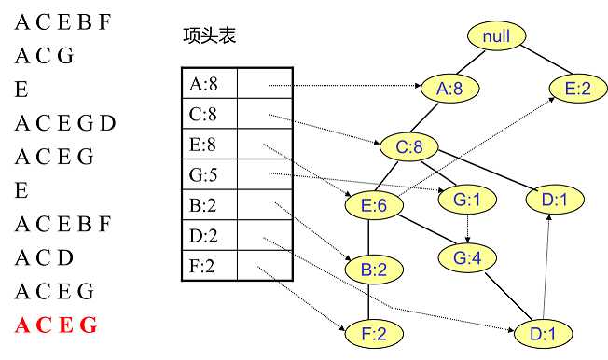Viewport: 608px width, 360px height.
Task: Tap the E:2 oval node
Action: point(577,89)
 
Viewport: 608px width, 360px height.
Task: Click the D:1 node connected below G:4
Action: point(543,333)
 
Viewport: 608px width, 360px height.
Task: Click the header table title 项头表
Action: point(209,36)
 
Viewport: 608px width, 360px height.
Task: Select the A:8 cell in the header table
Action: point(209,85)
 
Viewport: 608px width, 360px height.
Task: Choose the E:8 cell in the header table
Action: point(209,145)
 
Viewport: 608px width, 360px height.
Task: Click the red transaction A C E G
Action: point(56,325)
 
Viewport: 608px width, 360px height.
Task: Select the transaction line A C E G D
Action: point(65,123)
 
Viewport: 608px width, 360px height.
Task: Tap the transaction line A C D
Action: point(44,257)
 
